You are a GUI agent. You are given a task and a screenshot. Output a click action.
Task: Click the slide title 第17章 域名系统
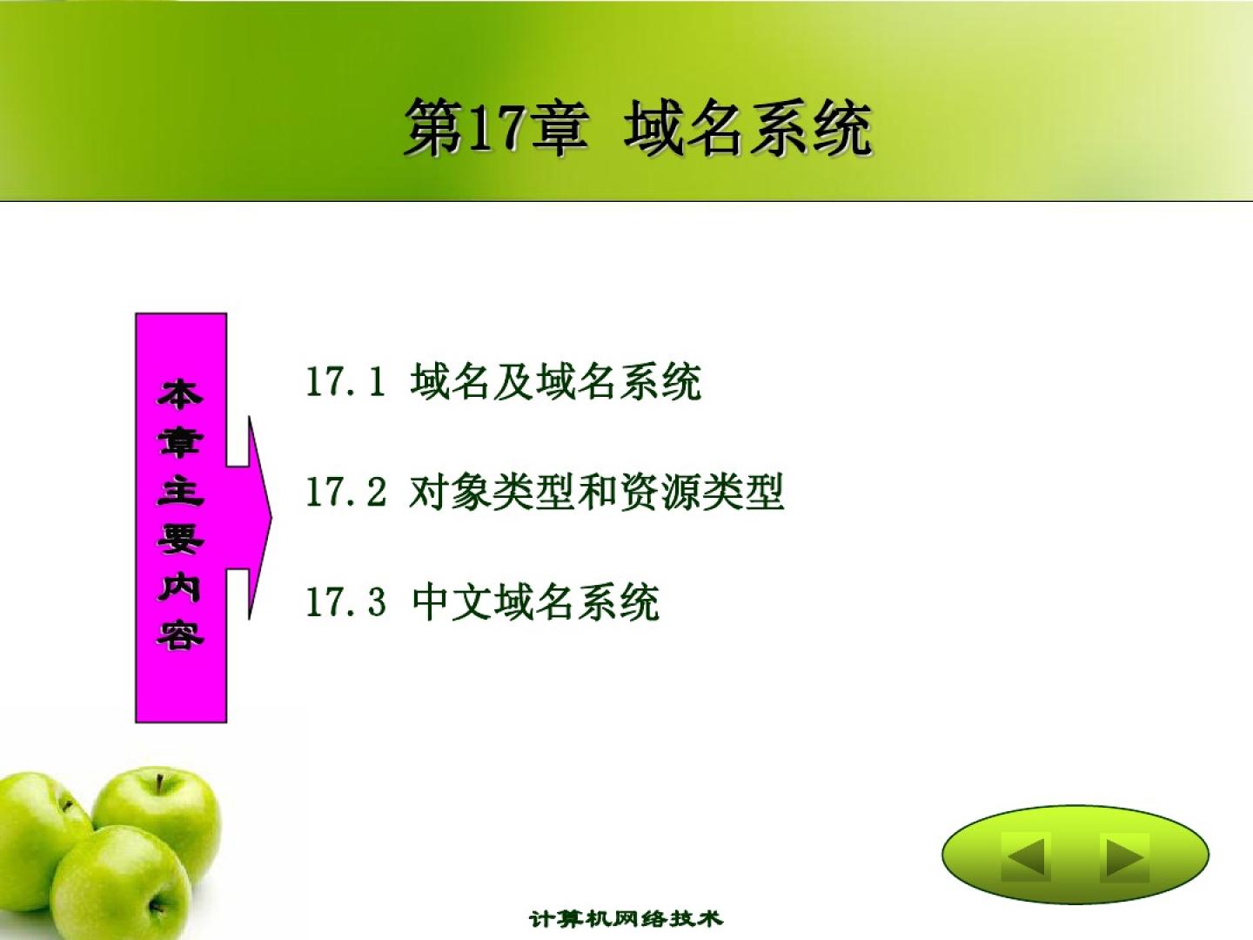point(638,127)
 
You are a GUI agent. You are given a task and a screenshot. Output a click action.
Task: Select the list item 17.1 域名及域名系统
point(504,381)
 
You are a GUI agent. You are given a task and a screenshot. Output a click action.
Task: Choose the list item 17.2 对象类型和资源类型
point(546,492)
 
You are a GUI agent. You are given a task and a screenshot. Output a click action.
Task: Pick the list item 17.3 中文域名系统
point(483,601)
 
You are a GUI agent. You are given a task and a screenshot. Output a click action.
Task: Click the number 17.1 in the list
point(345,381)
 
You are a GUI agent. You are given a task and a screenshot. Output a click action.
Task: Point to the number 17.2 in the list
point(346,492)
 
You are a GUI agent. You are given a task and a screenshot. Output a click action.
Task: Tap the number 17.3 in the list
point(346,601)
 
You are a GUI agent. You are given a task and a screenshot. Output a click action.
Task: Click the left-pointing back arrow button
point(1025,856)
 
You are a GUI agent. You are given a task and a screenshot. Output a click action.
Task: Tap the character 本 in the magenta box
point(180,394)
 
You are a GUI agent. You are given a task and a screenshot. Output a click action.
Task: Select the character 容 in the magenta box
point(180,635)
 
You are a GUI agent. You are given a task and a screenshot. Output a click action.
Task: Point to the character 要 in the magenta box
point(180,539)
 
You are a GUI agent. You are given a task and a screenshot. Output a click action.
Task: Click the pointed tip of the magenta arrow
point(271,518)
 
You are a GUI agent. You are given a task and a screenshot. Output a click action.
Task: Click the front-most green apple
point(114,883)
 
